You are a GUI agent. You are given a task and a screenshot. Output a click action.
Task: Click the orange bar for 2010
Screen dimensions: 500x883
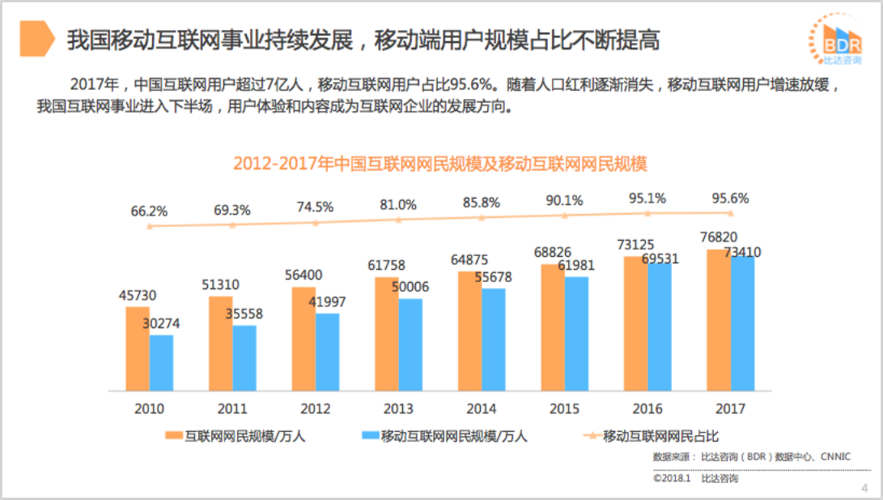(138, 348)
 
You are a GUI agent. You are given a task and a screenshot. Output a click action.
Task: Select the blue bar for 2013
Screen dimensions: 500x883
(410, 344)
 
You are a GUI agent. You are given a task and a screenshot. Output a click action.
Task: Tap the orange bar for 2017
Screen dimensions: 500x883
(718, 320)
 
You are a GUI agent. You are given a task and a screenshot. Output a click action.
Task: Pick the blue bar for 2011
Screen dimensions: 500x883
(244, 358)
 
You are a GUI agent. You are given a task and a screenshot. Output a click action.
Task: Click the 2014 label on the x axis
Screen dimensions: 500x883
(482, 408)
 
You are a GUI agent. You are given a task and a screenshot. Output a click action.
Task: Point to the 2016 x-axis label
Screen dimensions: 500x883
(647, 408)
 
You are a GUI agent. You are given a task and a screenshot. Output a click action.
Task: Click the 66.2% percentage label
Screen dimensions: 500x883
(149, 212)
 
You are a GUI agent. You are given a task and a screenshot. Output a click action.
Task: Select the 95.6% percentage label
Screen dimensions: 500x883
(730, 198)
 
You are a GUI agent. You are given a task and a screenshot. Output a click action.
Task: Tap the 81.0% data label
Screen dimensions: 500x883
(397, 204)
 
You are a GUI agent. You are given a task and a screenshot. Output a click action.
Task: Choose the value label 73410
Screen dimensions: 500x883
(742, 252)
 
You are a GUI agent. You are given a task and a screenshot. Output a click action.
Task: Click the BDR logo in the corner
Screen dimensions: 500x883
(835, 41)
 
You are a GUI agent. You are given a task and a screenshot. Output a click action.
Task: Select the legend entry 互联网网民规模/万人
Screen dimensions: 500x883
(235, 437)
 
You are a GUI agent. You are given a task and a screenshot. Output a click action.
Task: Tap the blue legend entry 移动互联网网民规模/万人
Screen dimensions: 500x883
(441, 437)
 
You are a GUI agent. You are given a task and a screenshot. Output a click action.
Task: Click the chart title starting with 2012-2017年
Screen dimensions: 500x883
(440, 163)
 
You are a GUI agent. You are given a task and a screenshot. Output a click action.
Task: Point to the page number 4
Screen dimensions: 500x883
(864, 488)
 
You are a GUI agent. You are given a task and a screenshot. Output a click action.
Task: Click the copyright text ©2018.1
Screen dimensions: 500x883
(671, 479)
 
